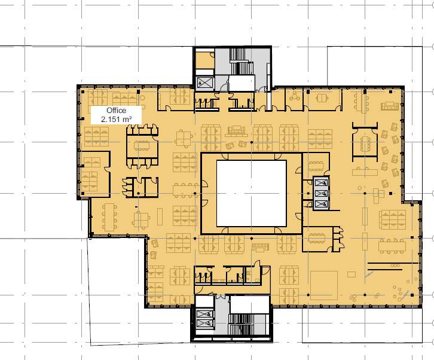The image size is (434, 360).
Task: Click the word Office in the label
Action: point(116,111)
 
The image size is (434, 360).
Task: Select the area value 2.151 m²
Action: point(116,120)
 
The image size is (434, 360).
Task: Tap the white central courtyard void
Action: point(251,193)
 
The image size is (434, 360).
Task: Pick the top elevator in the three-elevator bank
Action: point(321,183)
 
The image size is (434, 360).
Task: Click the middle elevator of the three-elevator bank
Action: point(321,193)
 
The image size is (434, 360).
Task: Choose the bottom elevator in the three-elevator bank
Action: point(321,204)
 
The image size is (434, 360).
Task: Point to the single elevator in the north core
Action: point(205,83)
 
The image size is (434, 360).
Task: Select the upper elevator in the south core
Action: point(205,314)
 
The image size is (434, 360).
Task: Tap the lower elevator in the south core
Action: point(205,323)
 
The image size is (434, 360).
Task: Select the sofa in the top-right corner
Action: point(390,106)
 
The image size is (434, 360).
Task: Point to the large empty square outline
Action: point(324,285)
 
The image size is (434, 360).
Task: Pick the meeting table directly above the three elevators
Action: point(316,166)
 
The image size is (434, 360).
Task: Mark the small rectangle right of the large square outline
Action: point(352,274)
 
